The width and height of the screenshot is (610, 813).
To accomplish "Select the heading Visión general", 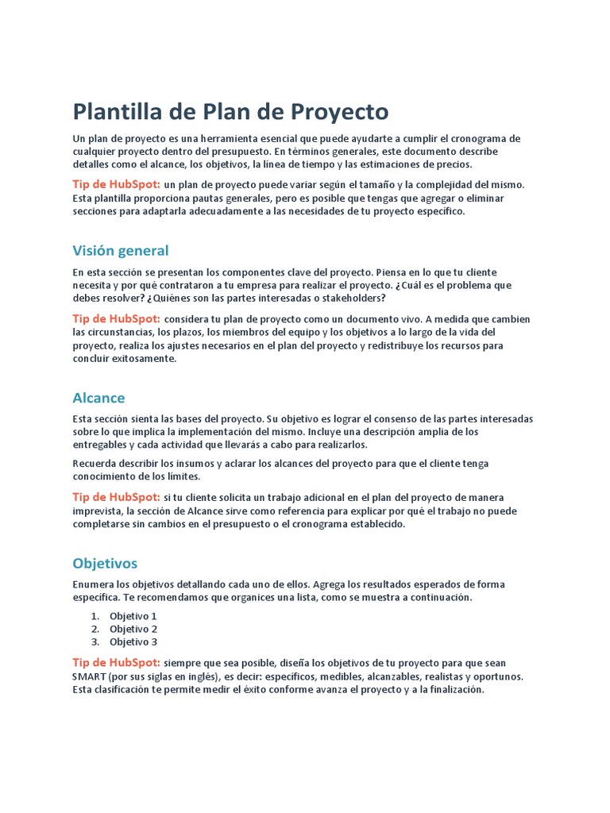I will click(120, 251).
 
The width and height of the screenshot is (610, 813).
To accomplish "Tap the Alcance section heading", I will click(98, 398).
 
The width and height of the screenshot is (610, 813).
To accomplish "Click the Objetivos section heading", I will click(105, 564).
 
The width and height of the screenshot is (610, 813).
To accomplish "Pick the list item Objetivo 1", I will click(133, 616).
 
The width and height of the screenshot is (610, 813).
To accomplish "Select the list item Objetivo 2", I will click(133, 629).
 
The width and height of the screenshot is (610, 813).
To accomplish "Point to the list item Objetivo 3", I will click(133, 642).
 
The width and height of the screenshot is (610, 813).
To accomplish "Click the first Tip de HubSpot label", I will click(116, 184).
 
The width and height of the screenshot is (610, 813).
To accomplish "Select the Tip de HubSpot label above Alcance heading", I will click(116, 319).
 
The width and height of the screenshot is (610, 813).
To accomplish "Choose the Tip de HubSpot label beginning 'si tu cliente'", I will click(116, 497).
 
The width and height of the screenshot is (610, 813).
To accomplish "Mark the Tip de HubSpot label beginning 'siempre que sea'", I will click(116, 662).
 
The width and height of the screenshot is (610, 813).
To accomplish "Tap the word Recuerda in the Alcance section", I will click(94, 463).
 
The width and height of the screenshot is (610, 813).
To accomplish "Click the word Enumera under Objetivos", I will click(93, 584).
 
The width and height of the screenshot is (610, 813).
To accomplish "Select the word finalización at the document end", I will click(453, 690).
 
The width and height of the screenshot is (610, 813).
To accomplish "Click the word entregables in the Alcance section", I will click(98, 445).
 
